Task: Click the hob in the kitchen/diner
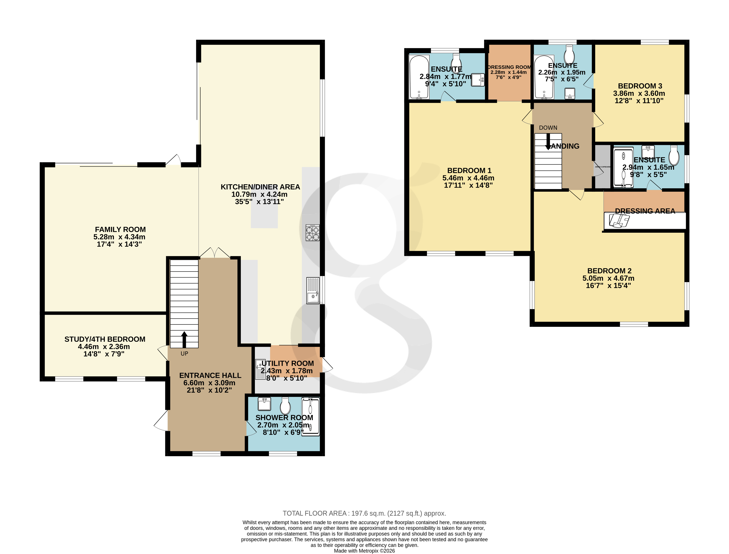click(312, 233)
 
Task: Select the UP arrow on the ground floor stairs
click(184, 339)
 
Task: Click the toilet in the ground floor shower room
click(285, 406)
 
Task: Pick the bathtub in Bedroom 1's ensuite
click(419, 77)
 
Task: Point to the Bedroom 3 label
click(640, 86)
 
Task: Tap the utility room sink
click(260, 369)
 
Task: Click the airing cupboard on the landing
click(602, 167)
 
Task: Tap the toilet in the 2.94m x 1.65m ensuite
click(674, 155)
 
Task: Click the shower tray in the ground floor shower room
click(311, 417)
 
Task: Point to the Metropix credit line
click(364, 551)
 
